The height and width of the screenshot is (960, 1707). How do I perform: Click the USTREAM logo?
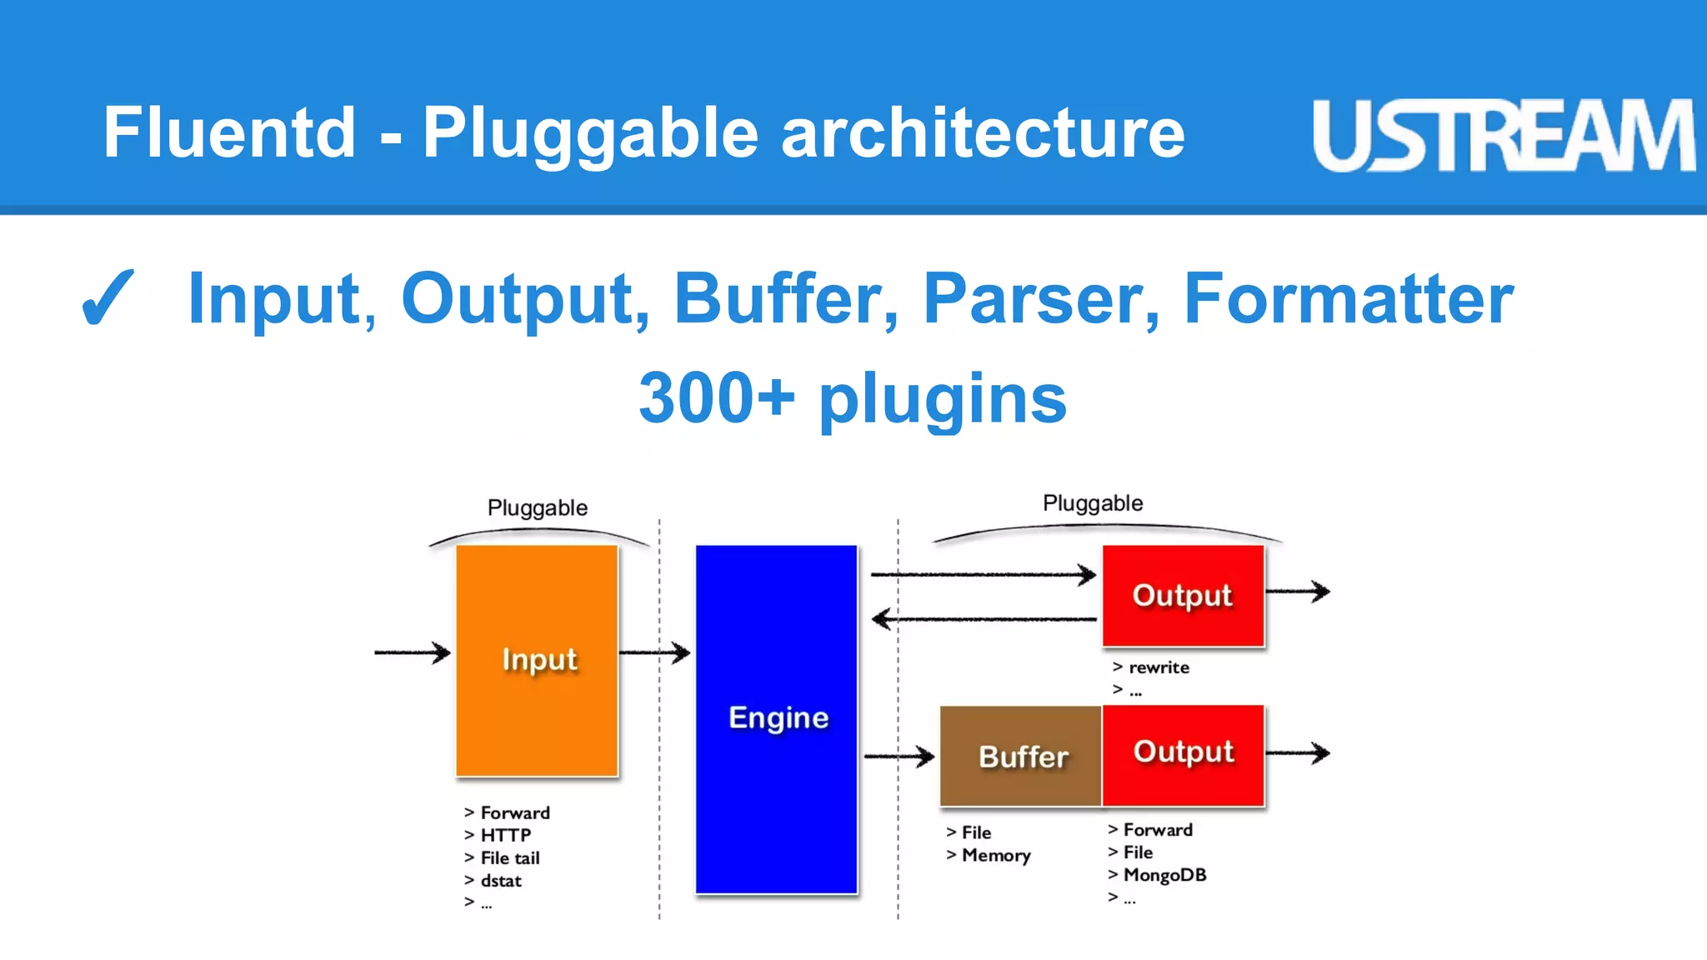pos(1503,135)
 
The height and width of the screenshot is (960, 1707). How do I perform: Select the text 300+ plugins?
pos(853,398)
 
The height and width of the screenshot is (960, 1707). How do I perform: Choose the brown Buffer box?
pos(1021,756)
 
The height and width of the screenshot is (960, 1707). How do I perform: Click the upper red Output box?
pos(1183,595)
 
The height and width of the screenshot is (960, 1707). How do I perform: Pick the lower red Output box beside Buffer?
pos(1183,752)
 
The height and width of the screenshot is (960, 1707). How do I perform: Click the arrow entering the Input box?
pos(412,652)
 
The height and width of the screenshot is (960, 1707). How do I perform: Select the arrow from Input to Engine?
pos(654,652)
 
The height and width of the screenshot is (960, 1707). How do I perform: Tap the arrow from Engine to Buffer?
pos(899,757)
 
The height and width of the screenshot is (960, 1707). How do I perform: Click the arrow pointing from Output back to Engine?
pos(984,619)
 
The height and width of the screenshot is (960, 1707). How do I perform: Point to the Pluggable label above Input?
pos(538,507)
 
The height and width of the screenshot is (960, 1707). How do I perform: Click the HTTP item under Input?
pos(505,835)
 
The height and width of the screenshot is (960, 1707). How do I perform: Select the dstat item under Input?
pos(500,880)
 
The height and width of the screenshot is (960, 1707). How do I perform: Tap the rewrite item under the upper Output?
pos(1159,667)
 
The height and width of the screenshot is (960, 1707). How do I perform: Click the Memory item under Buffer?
pos(996,855)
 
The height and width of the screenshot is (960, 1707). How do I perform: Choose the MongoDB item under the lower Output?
pos(1164,875)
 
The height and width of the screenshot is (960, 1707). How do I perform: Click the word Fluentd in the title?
pos(229,133)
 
